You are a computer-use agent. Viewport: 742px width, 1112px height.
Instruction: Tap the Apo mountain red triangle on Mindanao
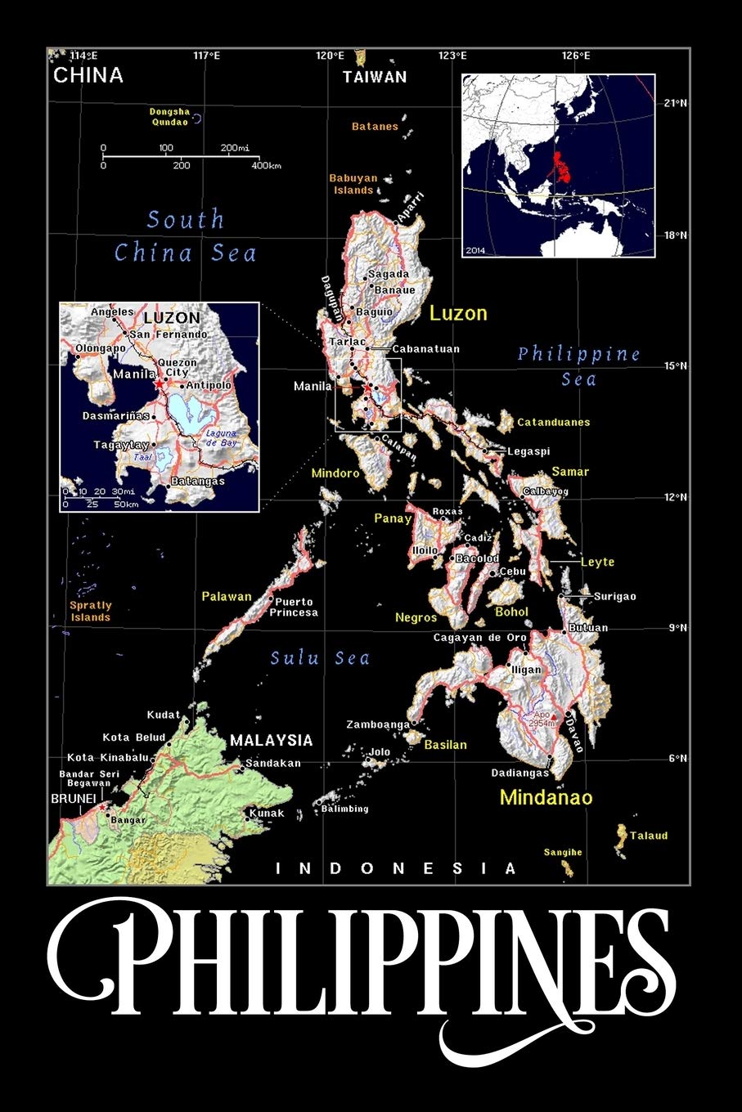(x=554, y=716)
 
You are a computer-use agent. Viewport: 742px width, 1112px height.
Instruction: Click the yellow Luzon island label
(x=458, y=313)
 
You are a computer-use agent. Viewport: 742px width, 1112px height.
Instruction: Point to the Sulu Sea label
(x=320, y=658)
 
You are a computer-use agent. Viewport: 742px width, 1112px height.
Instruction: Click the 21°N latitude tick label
(x=675, y=103)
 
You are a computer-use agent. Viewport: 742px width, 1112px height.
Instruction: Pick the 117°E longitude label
(x=206, y=56)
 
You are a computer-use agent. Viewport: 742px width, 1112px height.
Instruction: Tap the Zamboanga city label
(x=377, y=724)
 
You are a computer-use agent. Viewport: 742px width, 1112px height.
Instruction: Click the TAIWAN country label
(x=375, y=77)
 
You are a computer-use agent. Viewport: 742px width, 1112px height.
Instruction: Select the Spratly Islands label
(x=90, y=612)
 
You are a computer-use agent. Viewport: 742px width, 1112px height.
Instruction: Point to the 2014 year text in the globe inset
(x=474, y=249)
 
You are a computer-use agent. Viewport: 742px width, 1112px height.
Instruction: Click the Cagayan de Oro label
(x=480, y=638)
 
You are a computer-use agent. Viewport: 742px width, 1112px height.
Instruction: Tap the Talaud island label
(x=649, y=836)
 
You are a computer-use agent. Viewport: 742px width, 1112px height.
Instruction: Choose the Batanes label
(x=375, y=127)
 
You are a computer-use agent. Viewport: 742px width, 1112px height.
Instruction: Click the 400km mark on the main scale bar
(x=267, y=166)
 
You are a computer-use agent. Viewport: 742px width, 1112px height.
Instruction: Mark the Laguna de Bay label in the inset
(x=221, y=437)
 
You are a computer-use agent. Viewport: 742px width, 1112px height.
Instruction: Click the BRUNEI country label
(x=74, y=798)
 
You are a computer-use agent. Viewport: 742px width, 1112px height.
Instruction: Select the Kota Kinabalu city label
(x=108, y=758)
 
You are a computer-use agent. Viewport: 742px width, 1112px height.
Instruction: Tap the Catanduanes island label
(x=553, y=423)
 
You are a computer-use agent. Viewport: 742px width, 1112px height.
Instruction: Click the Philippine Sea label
(x=579, y=365)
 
